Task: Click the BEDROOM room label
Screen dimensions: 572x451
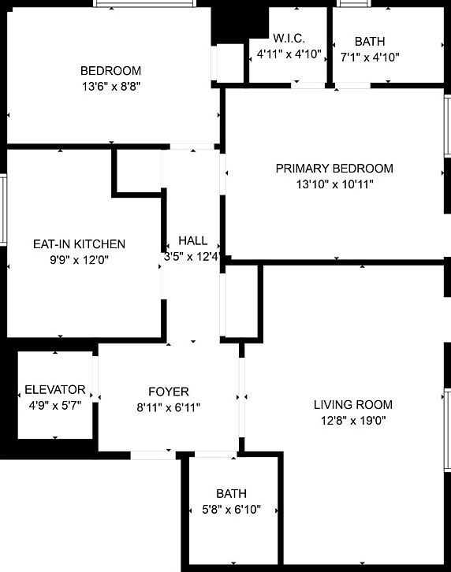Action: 110,70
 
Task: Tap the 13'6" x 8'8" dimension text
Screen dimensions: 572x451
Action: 110,85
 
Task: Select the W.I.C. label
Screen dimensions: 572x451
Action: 289,39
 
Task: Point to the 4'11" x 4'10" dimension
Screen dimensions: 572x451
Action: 289,54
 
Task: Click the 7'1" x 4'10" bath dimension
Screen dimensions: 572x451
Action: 370,57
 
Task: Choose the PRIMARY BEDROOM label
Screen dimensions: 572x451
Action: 334,169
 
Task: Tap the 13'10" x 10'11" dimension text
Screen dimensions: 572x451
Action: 334,184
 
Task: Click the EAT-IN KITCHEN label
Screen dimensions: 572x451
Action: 79,244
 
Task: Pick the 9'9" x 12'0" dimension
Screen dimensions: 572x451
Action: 79,260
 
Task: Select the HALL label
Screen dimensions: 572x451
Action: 192,240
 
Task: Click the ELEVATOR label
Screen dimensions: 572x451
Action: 55,390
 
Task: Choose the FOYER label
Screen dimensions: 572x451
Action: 168,392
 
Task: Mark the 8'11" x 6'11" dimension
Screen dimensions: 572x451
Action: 168,407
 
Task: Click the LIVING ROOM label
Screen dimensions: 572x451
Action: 352,405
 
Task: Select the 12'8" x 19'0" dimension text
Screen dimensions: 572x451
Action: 352,421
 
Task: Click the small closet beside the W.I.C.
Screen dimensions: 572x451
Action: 229,62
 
